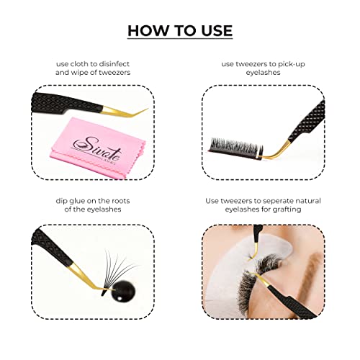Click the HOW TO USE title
click(180, 30)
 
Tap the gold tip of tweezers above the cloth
click(125, 112)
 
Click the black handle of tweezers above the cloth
click(67, 103)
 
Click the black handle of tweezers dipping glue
click(52, 247)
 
